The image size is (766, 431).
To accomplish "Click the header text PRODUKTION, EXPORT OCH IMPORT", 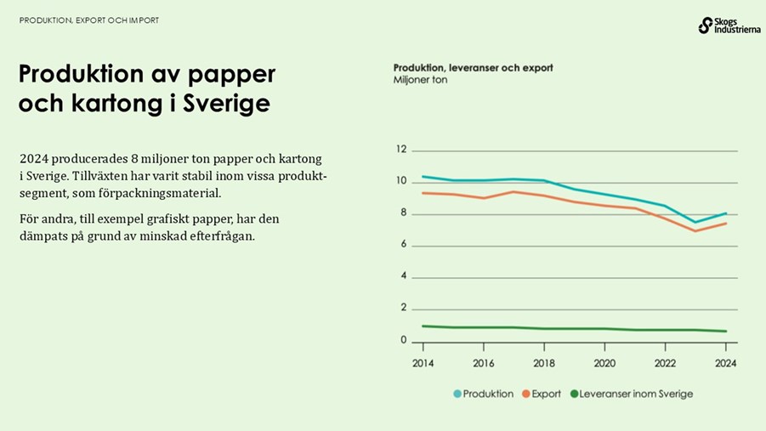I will point(89,20).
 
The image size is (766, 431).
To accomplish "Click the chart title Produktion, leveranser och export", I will point(473,67).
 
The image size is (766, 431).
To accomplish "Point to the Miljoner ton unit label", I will point(420,80).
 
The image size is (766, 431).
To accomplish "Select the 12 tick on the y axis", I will point(402,150).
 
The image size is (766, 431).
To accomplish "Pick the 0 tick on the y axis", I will point(404,340).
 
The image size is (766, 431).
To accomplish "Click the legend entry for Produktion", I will point(482,394).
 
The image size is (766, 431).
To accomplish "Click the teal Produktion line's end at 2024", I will point(725,213).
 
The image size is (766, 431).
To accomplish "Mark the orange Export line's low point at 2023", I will point(695,231).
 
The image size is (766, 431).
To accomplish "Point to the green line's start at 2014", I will point(423,326).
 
